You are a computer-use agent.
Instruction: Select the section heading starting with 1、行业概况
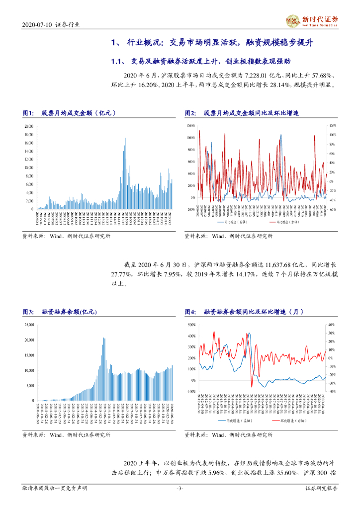(213, 43)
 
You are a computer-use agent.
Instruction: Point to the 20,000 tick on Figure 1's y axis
(28, 126)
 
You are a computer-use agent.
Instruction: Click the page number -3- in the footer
(180, 489)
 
